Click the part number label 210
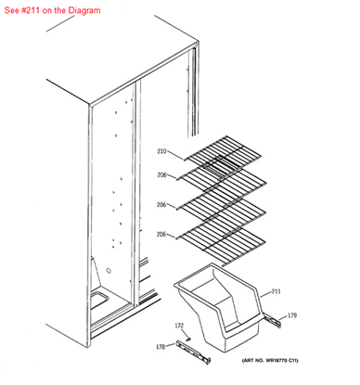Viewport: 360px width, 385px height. tap(161, 151)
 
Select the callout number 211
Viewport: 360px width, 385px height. tap(276, 292)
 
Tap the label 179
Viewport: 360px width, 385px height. tap(292, 316)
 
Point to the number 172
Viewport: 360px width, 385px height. tap(180, 326)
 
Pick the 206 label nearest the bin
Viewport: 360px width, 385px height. tap(161, 234)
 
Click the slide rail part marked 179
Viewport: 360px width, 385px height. tap(272, 320)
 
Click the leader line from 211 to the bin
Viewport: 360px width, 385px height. tap(263, 295)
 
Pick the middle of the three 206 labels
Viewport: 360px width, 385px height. tap(161, 204)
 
